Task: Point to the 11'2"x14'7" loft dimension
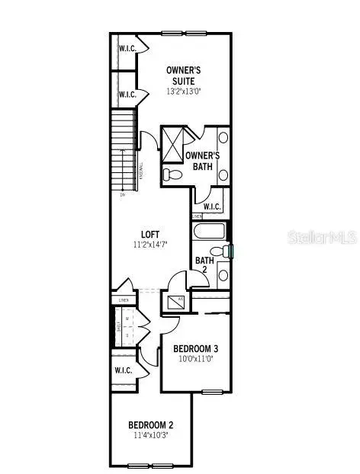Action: [x=150, y=246]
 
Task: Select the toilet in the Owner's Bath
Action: [x=171, y=175]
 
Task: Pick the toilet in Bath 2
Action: [x=220, y=251]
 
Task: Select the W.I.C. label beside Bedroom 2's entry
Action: [x=124, y=370]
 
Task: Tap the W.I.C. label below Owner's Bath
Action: [x=211, y=207]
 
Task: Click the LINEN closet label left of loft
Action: [x=124, y=300]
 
